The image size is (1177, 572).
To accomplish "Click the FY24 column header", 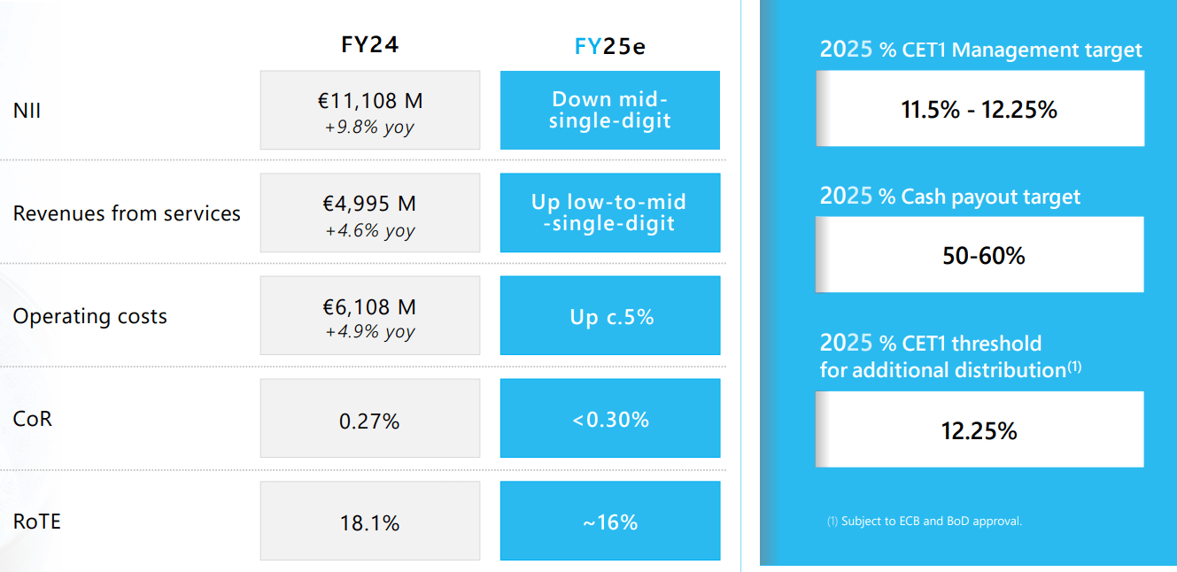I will tap(370, 45).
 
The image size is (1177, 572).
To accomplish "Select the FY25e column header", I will tap(609, 46).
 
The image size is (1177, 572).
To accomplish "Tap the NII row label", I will tap(27, 112).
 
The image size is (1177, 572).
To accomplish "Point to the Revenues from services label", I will tap(127, 213).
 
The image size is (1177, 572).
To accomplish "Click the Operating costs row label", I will tap(89, 316).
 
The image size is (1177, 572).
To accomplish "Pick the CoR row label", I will tap(33, 418).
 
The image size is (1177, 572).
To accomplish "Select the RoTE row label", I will tap(37, 521).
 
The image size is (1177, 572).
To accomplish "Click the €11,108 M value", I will tap(369, 101).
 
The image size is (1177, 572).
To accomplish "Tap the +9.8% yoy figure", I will tap(369, 127).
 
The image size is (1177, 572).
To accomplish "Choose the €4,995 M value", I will tap(369, 204).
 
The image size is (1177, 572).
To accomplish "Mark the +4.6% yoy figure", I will tap(369, 230).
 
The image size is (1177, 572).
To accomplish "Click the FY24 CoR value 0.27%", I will tap(369, 421).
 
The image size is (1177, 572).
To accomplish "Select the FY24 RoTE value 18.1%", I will tap(369, 523).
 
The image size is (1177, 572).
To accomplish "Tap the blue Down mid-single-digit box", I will tap(609, 110).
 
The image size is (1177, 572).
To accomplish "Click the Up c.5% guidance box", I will tap(609, 316).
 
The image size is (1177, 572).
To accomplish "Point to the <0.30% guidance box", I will tap(609, 419).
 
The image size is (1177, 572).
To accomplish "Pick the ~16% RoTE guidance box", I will tap(609, 522).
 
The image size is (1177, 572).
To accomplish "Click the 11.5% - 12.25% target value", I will tap(979, 110).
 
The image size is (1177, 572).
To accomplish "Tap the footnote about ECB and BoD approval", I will tap(925, 522).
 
